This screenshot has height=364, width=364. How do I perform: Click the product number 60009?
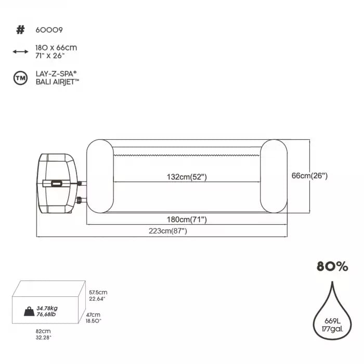pyautogui.click(x=49, y=30)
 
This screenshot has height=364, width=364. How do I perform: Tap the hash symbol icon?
pyautogui.click(x=20, y=30)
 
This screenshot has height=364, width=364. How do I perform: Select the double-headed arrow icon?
pyautogui.click(x=20, y=51)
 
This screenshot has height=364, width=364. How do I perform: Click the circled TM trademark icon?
pyautogui.click(x=20, y=78)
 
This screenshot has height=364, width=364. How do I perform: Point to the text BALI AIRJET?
pyautogui.click(x=57, y=82)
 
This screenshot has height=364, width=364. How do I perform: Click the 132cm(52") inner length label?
pyautogui.click(x=187, y=177)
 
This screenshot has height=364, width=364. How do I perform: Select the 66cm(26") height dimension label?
pyautogui.click(x=309, y=176)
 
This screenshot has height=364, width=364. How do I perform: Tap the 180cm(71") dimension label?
pyautogui.click(x=187, y=219)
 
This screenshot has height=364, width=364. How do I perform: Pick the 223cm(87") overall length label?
pyautogui.click(x=167, y=231)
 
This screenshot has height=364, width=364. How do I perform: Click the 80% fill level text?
pyautogui.click(x=332, y=266)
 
